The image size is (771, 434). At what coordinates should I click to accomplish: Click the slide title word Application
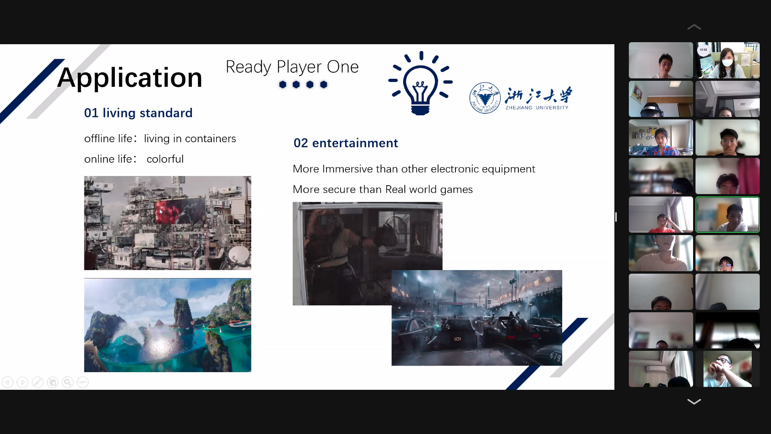(130, 78)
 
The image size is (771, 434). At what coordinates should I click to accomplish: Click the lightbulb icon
(420, 83)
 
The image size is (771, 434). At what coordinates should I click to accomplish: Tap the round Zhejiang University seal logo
(485, 98)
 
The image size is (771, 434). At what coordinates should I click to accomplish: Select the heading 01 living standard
(138, 113)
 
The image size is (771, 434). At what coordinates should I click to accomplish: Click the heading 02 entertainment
(346, 143)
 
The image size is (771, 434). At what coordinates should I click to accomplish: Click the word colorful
(165, 159)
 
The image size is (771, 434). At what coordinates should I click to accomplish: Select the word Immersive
(347, 169)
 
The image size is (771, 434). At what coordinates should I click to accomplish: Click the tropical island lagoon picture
(167, 325)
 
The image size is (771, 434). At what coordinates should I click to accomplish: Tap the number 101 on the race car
(457, 339)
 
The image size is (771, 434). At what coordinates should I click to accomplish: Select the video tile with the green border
(727, 215)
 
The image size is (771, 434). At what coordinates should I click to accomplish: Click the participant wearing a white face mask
(727, 60)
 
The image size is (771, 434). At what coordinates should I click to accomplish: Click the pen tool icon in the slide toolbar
(37, 382)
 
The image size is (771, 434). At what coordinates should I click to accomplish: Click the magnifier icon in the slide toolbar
(67, 382)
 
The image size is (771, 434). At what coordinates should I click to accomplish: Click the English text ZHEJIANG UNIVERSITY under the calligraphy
(537, 108)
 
